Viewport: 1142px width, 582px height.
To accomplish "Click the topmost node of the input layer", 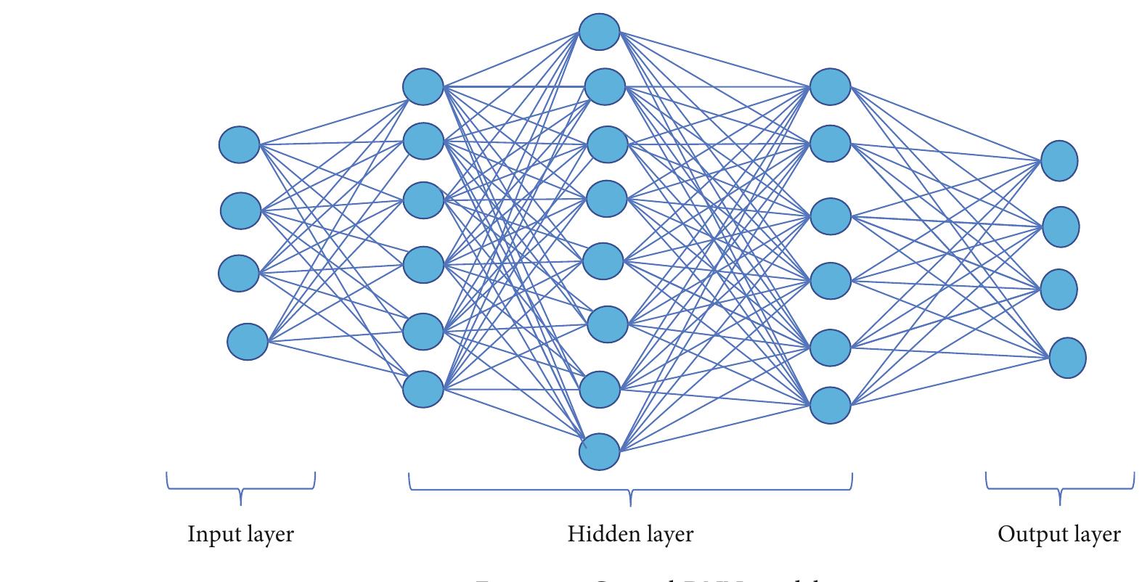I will [x=239, y=144].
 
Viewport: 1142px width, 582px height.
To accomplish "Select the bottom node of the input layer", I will [x=248, y=342].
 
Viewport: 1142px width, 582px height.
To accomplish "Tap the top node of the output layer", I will [x=1059, y=160].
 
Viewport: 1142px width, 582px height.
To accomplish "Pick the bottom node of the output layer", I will [x=1067, y=357].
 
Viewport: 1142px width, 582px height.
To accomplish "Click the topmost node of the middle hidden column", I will [x=600, y=31].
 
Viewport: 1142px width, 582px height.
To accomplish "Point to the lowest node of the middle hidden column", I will [x=600, y=452].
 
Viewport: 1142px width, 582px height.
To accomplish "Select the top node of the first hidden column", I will [x=423, y=86].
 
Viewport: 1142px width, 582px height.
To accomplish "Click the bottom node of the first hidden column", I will [x=423, y=389].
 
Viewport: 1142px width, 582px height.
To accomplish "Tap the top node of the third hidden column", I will [x=830, y=86].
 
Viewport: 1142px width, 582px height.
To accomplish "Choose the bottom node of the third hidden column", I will [x=830, y=405].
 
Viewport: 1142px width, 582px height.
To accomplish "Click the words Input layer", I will [x=240, y=535].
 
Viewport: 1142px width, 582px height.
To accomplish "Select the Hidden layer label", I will [x=630, y=535].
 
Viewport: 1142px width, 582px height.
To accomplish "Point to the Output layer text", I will [x=1059, y=535].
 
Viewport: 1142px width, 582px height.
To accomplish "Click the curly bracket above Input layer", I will [x=240, y=487].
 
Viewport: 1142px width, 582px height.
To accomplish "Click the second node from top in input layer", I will [x=240, y=210].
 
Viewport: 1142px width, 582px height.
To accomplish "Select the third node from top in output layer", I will [x=1059, y=289].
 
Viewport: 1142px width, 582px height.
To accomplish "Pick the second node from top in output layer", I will [x=1060, y=226].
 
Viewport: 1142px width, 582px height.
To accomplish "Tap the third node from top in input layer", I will [x=239, y=273].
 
